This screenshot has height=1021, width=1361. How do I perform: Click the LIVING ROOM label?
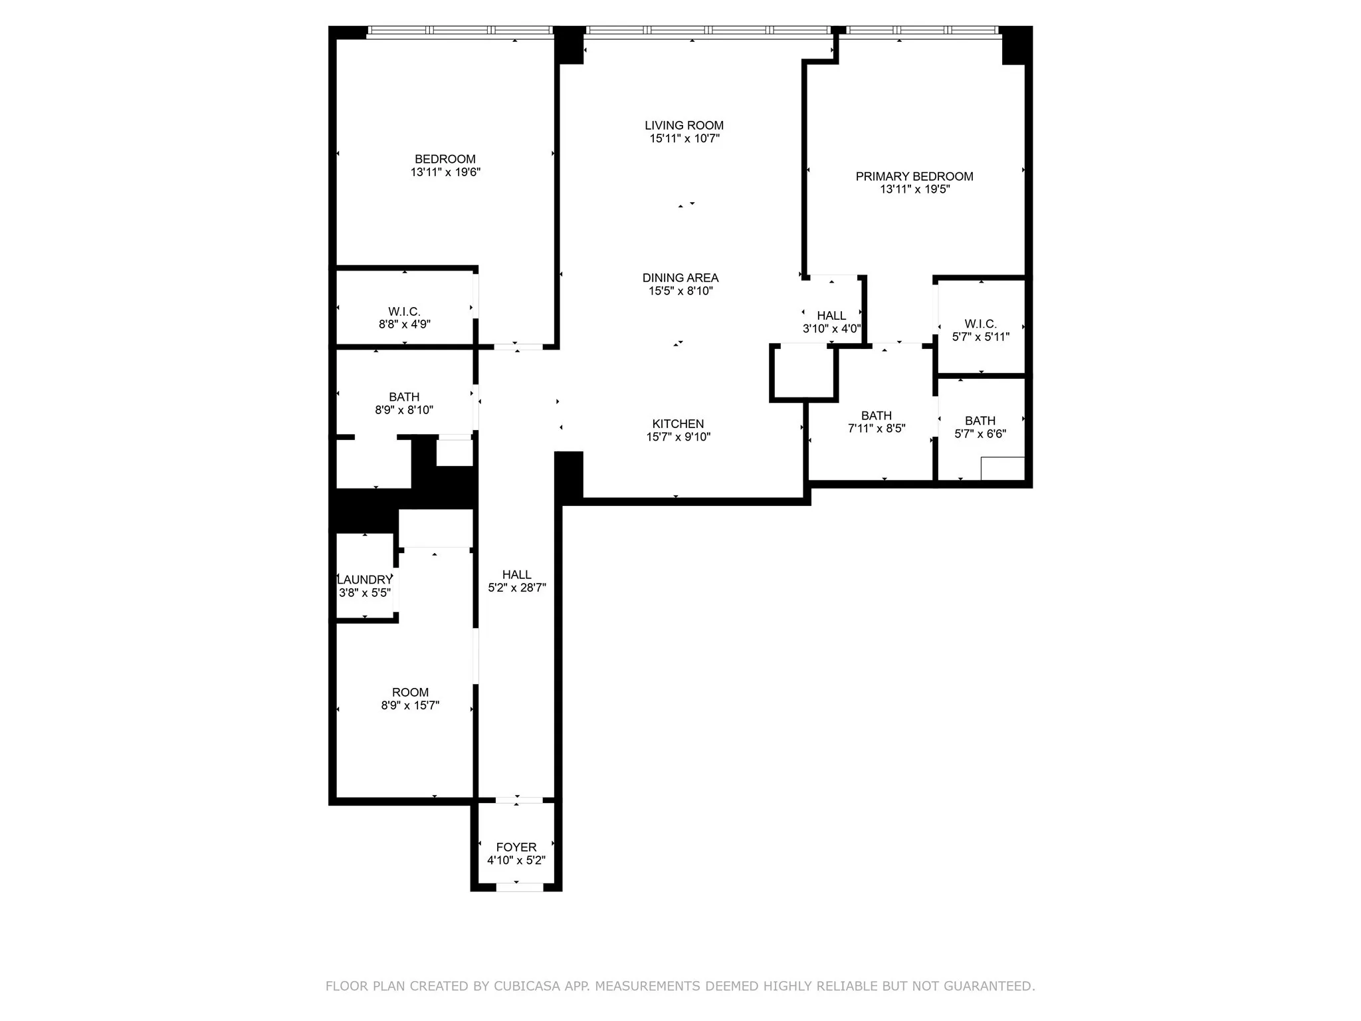pos(684,125)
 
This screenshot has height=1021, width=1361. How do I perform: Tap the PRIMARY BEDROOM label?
pos(914,176)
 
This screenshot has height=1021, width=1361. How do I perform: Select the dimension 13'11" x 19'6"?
pos(445,172)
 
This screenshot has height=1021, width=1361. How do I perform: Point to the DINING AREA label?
pos(680,278)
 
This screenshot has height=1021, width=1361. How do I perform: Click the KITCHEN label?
pos(678,423)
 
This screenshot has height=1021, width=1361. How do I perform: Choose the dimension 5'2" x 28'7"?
pos(517,588)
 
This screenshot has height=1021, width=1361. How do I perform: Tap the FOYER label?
pos(516,847)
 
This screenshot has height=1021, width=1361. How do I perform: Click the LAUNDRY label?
pos(365,580)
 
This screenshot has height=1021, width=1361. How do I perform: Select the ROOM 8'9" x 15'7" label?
pos(410,692)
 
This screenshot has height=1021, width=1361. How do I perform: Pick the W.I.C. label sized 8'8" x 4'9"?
pos(404,312)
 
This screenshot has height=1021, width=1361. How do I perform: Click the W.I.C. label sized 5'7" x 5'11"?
pos(980,324)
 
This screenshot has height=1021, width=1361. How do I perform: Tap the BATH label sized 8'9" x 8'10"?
pos(404,397)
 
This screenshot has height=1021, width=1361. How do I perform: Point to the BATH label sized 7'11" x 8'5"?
pos(877,415)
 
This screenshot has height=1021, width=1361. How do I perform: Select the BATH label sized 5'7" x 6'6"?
pos(980,421)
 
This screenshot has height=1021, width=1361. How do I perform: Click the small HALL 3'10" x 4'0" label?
pos(831,316)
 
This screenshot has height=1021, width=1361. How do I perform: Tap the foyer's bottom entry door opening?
pos(520,887)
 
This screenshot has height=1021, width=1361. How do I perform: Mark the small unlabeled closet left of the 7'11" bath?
pos(803,372)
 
